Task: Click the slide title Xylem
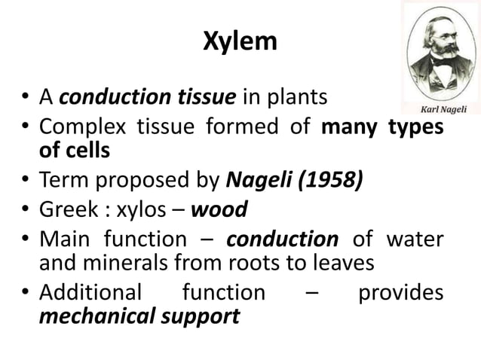(240, 43)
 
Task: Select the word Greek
(69, 208)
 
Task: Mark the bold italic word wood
(219, 208)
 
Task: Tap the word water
(414, 239)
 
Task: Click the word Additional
(90, 292)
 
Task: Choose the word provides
(400, 292)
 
